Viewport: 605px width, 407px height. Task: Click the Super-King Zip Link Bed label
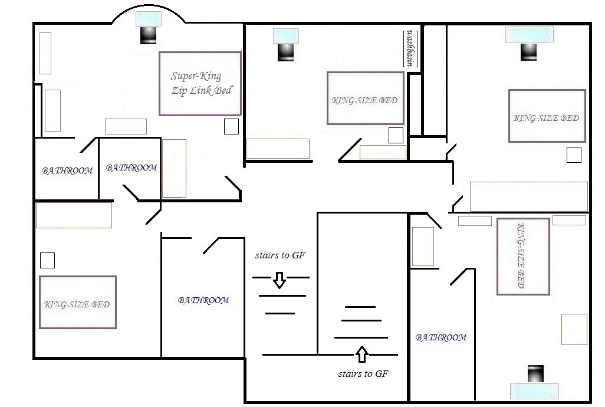pyautogui.click(x=200, y=83)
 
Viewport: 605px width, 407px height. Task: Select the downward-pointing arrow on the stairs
pyautogui.click(x=280, y=280)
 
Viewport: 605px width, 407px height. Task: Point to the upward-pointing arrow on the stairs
pyautogui.click(x=361, y=355)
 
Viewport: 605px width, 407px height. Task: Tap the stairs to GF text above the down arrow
pyautogui.click(x=280, y=256)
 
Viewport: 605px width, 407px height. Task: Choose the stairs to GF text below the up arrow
pyautogui.click(x=363, y=373)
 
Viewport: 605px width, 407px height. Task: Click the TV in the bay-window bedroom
pyautogui.click(x=148, y=35)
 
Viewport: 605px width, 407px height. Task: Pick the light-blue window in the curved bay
pyautogui.click(x=147, y=18)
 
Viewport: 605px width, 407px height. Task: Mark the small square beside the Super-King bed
pyautogui.click(x=231, y=127)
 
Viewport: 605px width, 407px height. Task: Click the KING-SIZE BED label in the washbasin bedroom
pyautogui.click(x=364, y=100)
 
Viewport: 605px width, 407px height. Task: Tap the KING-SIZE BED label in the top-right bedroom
pyautogui.click(x=547, y=118)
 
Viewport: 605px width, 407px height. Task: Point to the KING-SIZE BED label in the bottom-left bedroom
pyautogui.click(x=77, y=304)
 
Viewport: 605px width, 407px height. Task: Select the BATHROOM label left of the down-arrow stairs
pyautogui.click(x=203, y=300)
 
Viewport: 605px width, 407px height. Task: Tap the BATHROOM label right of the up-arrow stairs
pyautogui.click(x=441, y=337)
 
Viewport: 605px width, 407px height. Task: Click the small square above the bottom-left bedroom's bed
pyautogui.click(x=47, y=260)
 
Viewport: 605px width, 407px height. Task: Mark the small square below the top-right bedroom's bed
pyautogui.click(x=574, y=155)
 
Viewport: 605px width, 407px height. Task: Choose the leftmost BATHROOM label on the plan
pyautogui.click(x=67, y=170)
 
